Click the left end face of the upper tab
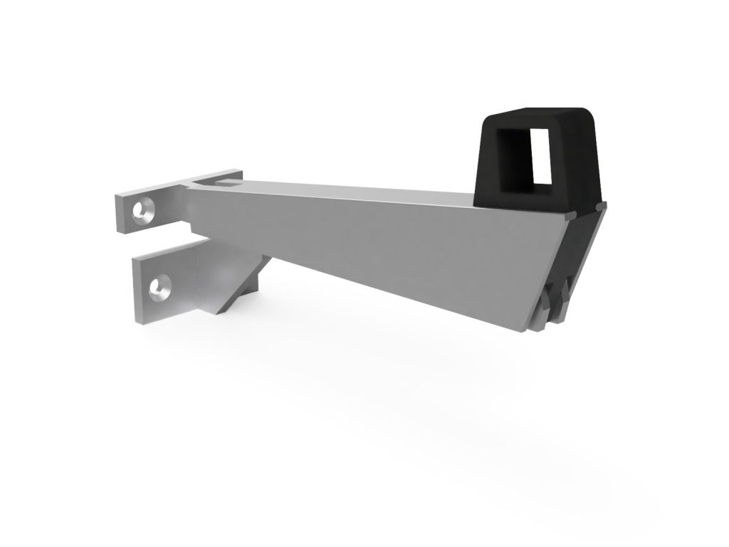119,214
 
